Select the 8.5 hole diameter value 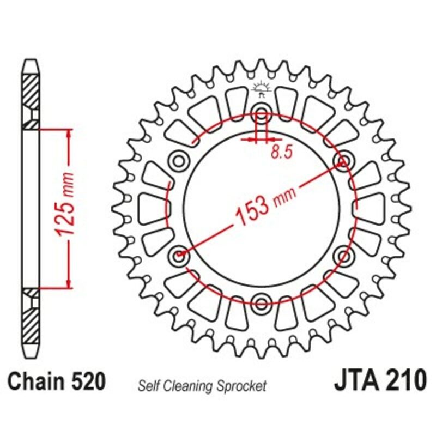[280, 153]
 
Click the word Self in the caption [148, 386]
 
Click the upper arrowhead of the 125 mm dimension [68, 134]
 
